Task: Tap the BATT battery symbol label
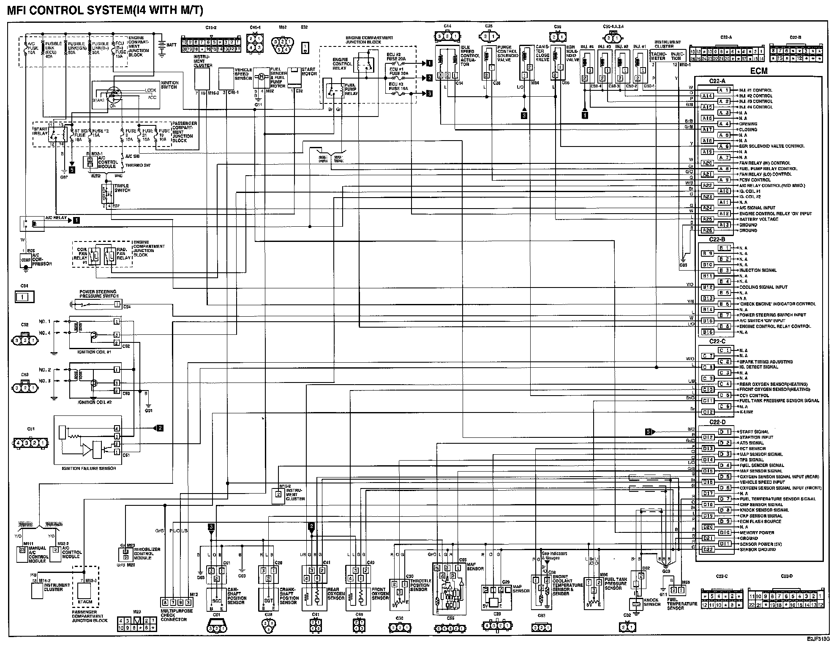tap(172, 45)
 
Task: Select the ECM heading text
tap(759, 71)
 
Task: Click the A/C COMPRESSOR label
tap(42, 260)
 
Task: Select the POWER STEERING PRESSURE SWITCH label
tap(99, 294)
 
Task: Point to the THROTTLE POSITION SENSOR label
tap(420, 585)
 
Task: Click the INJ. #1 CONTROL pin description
tap(755, 90)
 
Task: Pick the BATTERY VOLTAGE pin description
tap(758, 219)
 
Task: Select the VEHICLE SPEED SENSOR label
tap(243, 74)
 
